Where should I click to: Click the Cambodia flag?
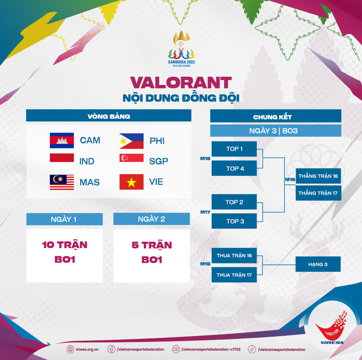(x=62, y=140)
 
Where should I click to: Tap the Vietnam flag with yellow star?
(x=131, y=182)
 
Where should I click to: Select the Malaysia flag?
(x=62, y=182)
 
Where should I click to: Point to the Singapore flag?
(x=131, y=161)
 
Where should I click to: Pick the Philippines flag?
(x=131, y=141)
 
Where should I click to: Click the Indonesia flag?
(x=62, y=161)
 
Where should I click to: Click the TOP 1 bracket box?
(x=234, y=149)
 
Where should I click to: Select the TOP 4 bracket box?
(x=234, y=169)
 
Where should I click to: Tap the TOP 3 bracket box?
(x=234, y=221)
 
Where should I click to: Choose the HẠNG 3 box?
(x=318, y=264)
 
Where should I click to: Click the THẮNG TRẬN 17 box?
(x=319, y=193)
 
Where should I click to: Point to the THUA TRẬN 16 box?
(x=234, y=256)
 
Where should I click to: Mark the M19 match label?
(x=290, y=179)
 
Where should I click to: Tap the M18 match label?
(x=205, y=264)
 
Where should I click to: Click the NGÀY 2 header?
(x=152, y=219)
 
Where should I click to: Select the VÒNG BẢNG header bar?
(x=109, y=116)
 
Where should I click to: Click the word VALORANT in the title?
(x=181, y=82)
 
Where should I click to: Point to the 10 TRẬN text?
(x=65, y=245)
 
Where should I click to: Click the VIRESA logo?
(x=332, y=328)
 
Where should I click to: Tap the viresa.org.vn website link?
(x=83, y=349)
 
